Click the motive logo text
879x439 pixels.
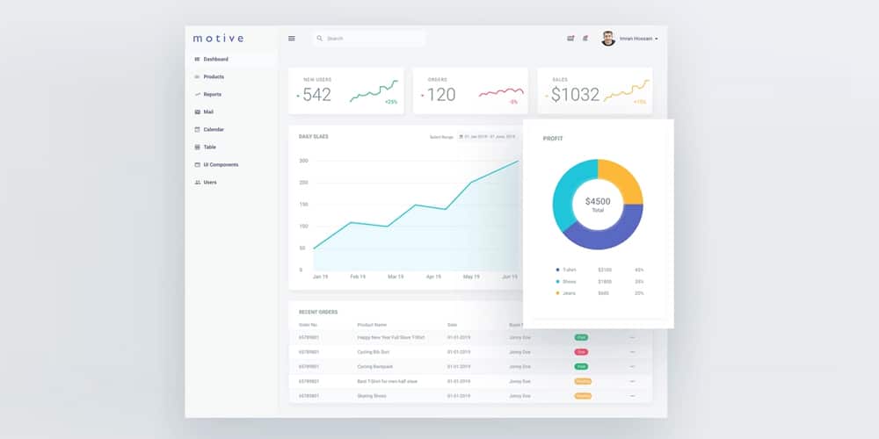click(218, 38)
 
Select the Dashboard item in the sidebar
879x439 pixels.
click(215, 59)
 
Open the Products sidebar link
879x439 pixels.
click(214, 76)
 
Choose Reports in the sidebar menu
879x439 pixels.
click(212, 94)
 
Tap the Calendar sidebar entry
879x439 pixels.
click(214, 129)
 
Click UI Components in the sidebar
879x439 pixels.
click(221, 164)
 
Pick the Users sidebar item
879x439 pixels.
click(210, 182)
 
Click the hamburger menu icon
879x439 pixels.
click(292, 39)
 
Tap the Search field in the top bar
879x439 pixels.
click(369, 39)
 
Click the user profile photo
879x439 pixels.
click(607, 39)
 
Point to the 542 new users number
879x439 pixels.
click(316, 95)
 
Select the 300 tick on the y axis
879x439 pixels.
click(303, 161)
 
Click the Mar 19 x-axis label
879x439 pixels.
click(395, 277)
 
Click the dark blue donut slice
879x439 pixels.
click(602, 235)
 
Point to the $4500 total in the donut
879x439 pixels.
click(598, 201)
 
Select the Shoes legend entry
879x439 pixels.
click(570, 281)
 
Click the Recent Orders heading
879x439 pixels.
click(318, 312)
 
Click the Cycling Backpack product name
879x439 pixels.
click(375, 366)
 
